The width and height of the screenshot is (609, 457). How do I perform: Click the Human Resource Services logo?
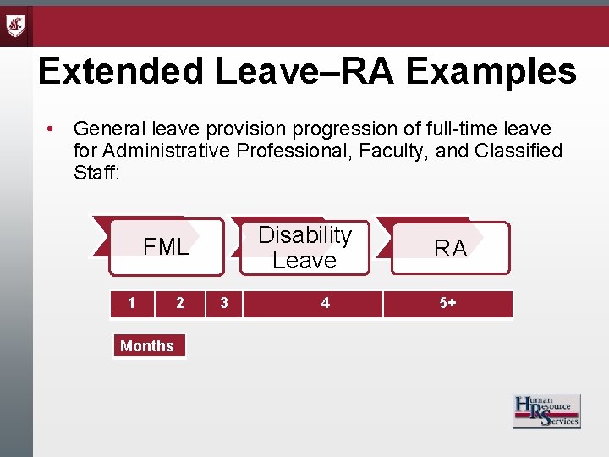[546, 410]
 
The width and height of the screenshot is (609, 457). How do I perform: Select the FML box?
[166, 247]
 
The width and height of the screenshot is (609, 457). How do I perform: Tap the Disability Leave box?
[304, 248]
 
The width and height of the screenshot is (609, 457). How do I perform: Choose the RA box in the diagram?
[450, 248]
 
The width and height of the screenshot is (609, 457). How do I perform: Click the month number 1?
[130, 303]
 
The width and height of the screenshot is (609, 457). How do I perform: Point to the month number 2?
[179, 303]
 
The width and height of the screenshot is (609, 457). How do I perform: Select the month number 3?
[223, 303]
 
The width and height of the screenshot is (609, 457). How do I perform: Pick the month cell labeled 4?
[325, 303]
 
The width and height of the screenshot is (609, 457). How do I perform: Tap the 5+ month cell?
[447, 303]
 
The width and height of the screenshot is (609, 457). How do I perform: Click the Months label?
[147, 345]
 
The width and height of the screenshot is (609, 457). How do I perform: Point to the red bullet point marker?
[52, 129]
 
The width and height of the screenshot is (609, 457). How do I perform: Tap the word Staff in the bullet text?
[96, 172]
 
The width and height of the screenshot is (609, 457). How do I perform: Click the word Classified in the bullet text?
[520, 151]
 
